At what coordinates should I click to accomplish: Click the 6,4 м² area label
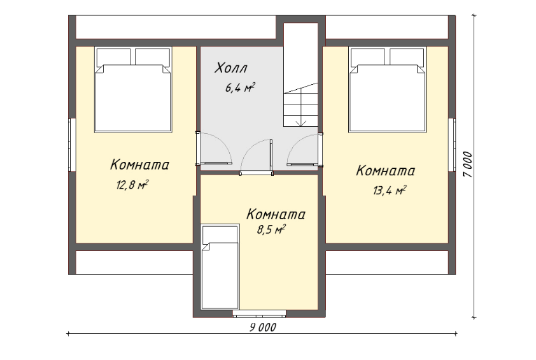[240, 87]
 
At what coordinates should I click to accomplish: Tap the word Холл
[230, 68]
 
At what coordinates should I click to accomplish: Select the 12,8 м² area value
[132, 185]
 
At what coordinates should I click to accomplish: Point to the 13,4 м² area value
[390, 191]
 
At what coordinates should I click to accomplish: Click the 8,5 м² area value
[271, 229]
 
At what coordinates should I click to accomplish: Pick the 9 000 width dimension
[262, 328]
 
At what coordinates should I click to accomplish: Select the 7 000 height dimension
[467, 164]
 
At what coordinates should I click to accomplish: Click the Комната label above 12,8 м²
[139, 164]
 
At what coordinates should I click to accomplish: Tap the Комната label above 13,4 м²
[386, 170]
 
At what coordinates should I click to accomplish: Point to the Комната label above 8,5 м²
[276, 215]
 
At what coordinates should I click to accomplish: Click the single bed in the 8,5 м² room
[220, 267]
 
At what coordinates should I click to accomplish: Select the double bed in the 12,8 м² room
[133, 89]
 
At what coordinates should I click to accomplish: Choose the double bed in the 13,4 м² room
[387, 89]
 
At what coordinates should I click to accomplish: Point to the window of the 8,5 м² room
[260, 313]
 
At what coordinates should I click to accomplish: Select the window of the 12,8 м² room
[72, 145]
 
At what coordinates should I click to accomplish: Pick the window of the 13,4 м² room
[452, 145]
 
